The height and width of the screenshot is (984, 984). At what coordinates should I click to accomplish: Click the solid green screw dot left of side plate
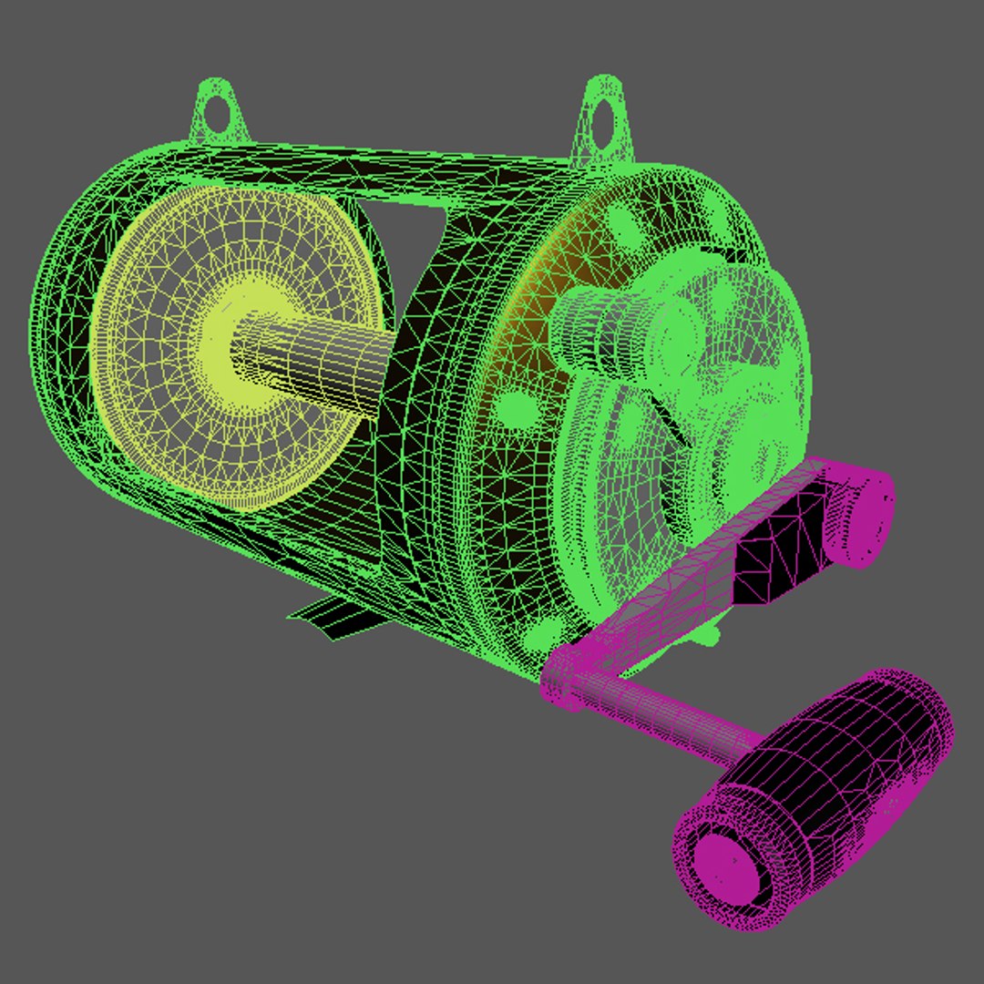518,405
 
